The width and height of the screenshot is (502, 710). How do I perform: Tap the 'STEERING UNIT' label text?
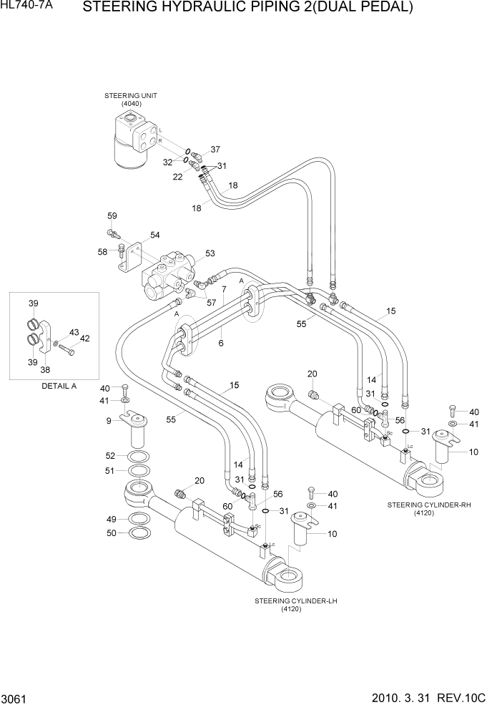point(131,96)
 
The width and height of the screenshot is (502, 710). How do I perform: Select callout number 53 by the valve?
point(210,253)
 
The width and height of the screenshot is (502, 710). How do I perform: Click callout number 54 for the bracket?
point(154,235)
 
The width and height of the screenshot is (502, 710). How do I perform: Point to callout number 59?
point(112,216)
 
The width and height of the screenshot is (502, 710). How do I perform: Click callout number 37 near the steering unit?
point(215,150)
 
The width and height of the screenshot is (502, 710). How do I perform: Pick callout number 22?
point(177,176)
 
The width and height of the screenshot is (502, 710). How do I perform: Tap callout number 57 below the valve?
point(211,303)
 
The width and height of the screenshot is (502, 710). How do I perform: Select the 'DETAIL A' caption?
point(55,386)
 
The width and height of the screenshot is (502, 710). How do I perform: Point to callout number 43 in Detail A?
point(74,332)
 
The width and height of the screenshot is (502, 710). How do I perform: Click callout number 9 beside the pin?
point(109,421)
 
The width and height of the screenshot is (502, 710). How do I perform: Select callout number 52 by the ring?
point(111,456)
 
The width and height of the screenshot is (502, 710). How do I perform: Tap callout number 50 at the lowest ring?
point(111,533)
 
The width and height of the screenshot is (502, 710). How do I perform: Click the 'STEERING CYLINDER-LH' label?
point(295,600)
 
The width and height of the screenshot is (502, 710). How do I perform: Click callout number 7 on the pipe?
point(224,289)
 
